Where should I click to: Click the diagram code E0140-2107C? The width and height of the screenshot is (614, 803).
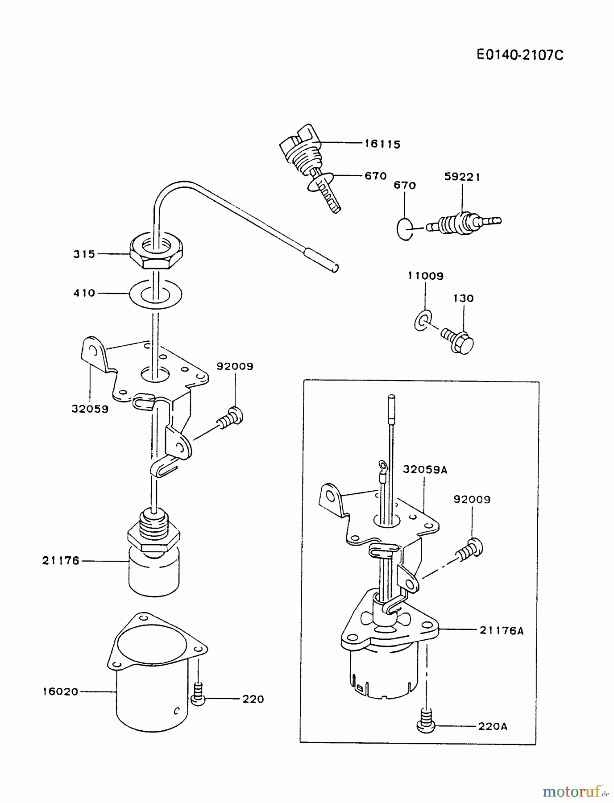point(520,55)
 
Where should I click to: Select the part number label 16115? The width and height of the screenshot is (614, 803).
point(382,144)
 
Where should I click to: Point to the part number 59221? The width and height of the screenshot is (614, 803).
point(462,177)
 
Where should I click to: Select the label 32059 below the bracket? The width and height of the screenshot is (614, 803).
point(90,409)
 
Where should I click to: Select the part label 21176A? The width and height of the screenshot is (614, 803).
point(502,630)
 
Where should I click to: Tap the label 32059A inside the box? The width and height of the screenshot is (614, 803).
point(425,469)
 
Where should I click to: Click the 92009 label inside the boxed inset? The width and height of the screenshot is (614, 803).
point(472,500)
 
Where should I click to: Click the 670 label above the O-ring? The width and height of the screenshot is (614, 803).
point(405,185)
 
